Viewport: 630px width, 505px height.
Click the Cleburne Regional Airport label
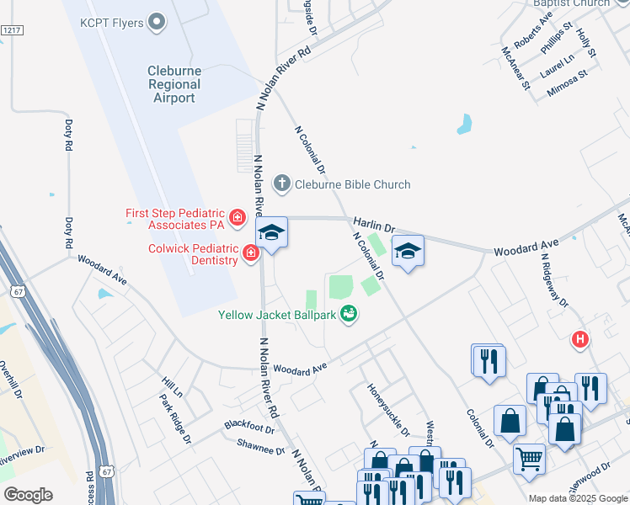174,84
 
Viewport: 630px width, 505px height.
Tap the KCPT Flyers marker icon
157,22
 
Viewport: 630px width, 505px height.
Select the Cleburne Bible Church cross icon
282,183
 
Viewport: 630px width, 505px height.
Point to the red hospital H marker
579,340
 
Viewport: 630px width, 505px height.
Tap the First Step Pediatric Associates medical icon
238,219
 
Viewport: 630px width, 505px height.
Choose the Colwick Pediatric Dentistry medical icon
250,252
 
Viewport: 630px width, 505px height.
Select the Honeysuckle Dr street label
388,410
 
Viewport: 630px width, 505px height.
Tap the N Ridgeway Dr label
555,281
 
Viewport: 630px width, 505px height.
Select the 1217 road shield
11,30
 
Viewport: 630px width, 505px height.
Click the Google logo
28,495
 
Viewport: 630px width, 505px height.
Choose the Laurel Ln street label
557,61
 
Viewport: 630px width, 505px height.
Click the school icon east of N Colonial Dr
408,252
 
